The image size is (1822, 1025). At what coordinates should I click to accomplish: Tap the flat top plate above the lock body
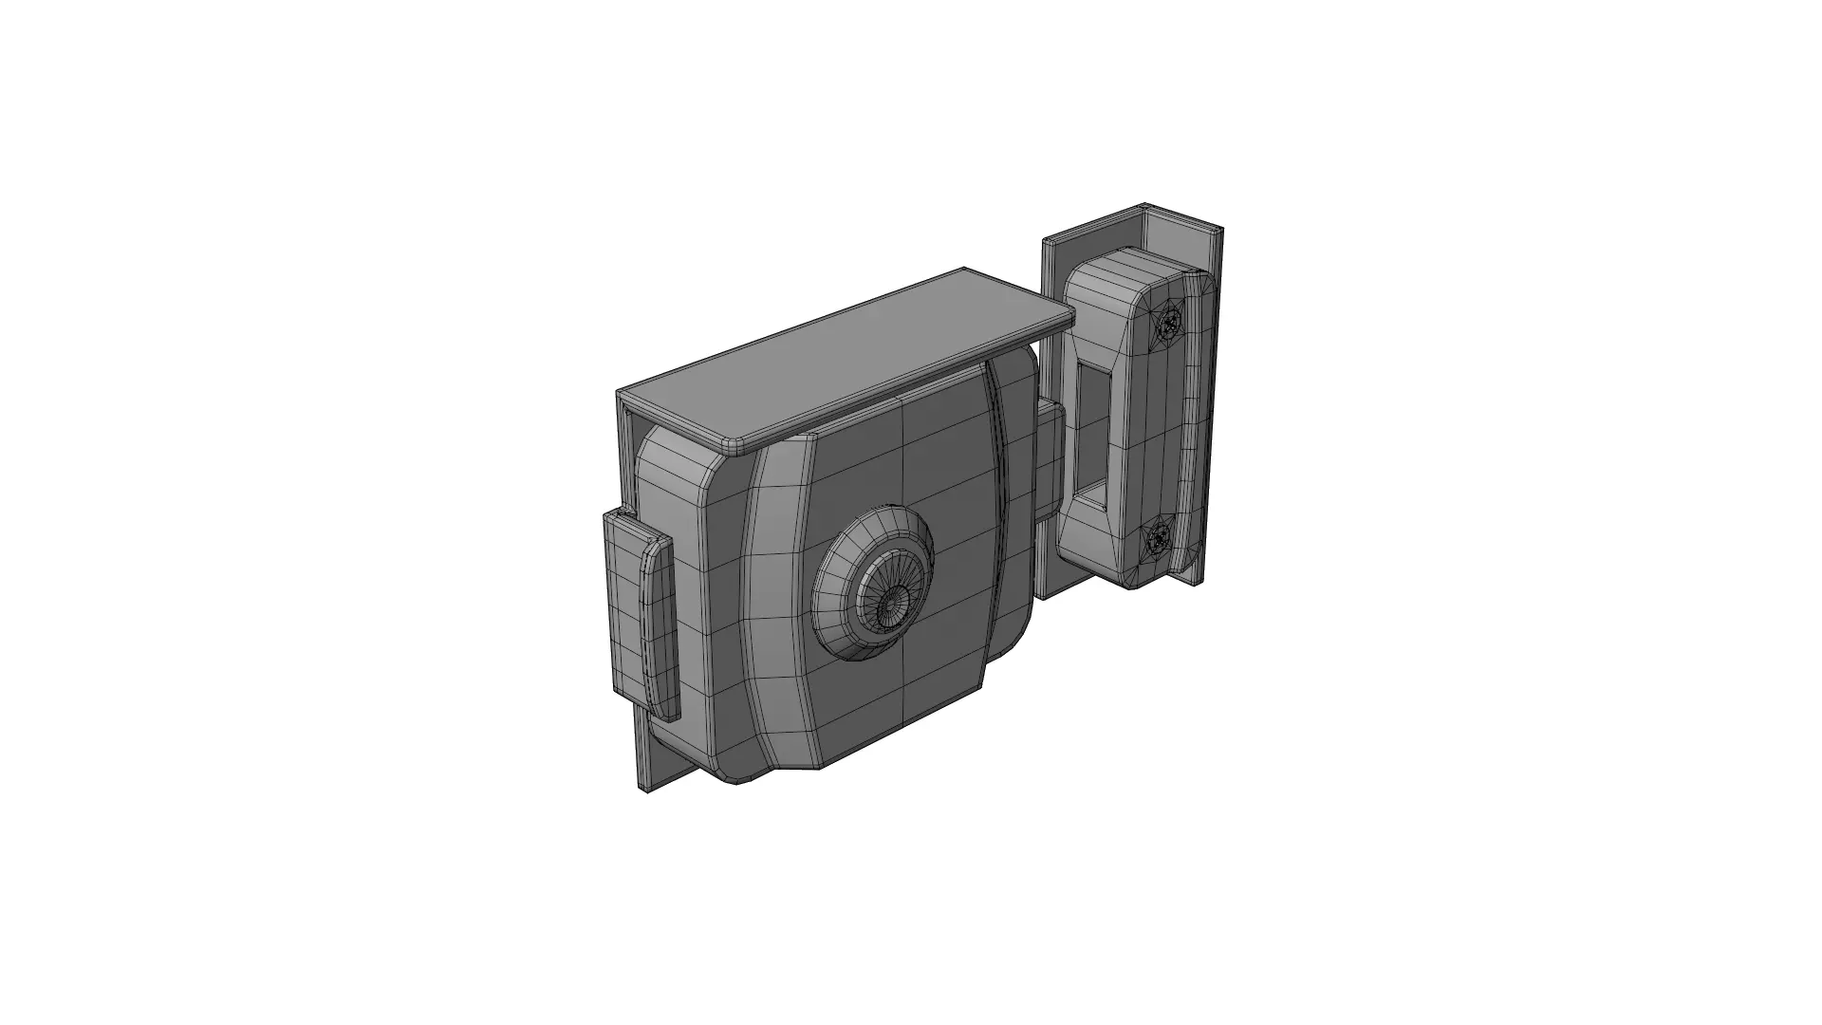pyautogui.click(x=835, y=361)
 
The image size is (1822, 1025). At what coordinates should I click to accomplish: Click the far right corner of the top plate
pyautogui.click(x=1069, y=324)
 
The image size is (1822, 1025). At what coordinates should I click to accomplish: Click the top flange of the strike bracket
pyautogui.click(x=1177, y=220)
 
